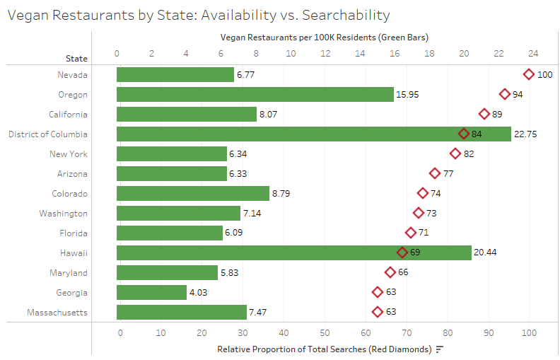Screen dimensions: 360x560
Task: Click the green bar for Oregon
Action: [255, 94]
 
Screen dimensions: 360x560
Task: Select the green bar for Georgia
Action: [151, 292]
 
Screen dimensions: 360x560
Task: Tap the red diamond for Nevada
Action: [529, 74]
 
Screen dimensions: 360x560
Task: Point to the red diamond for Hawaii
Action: [402, 252]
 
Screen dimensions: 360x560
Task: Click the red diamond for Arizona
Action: [435, 173]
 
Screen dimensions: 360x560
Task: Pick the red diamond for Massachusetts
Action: [378, 312]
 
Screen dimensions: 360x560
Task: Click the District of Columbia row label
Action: [48, 134]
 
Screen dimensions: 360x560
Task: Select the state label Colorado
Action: [70, 193]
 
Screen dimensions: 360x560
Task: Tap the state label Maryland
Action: [69, 272]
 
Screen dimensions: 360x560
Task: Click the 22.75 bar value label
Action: [526, 134]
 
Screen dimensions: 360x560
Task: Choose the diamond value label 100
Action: [544, 74]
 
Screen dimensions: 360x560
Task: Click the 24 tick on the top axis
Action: [533, 52]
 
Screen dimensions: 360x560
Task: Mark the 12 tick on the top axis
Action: [325, 52]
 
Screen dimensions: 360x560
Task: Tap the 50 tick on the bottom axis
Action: [325, 332]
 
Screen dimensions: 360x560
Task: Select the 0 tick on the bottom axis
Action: [120, 332]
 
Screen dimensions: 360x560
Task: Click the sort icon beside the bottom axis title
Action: [440, 349]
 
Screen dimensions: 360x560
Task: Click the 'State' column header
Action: [76, 58]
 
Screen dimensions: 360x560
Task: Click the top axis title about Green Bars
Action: [325, 37]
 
